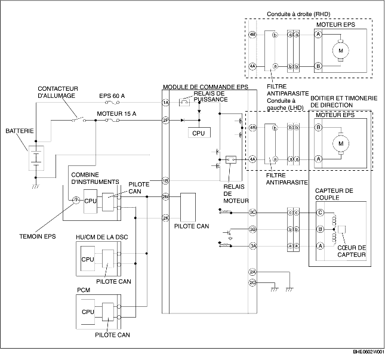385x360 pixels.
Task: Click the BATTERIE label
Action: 20,131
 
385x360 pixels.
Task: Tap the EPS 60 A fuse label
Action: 112,96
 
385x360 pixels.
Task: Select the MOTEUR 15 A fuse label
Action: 116,113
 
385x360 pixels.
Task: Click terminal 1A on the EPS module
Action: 166,103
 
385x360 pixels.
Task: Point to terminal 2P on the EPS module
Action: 166,121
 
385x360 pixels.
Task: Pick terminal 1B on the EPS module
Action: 166,181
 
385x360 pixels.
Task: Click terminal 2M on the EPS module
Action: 166,196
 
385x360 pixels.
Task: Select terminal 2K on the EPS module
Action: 166,218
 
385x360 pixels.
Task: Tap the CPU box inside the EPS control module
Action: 199,133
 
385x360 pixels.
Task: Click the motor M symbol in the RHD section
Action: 341,51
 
